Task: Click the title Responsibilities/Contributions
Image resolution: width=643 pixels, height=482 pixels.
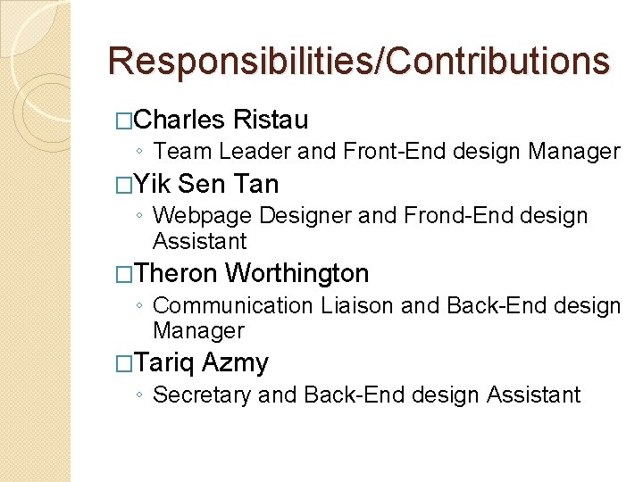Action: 358,62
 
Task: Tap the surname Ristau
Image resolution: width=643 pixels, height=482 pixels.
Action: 270,120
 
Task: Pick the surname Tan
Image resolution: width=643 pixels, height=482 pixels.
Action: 255,184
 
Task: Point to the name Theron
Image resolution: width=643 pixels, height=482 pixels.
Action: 177,273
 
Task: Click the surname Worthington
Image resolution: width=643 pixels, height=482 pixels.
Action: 297,273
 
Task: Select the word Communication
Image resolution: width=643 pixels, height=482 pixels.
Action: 233,305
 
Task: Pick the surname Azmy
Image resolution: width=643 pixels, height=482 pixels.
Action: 235,363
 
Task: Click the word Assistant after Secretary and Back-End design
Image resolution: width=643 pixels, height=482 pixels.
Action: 534,395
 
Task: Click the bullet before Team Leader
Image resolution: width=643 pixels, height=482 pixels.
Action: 143,153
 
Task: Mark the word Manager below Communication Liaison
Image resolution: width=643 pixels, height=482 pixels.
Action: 198,330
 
